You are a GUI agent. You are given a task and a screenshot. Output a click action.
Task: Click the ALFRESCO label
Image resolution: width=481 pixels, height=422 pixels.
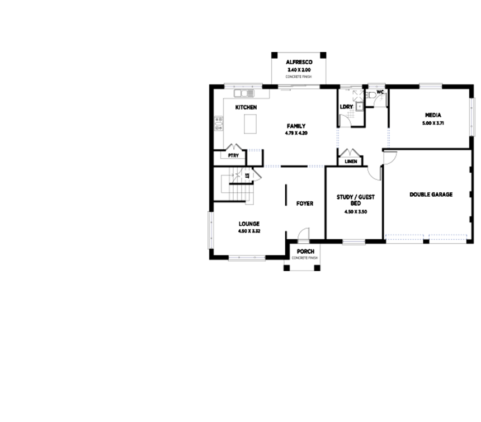299,62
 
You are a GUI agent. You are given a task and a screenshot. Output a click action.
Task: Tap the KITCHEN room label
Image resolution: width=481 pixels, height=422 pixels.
246,107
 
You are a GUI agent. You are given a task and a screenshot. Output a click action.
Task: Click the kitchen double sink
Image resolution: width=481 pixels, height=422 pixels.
244,92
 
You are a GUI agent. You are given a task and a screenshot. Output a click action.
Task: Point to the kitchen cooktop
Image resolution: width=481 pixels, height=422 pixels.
218,124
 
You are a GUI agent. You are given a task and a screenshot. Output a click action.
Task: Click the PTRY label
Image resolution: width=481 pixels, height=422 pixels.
233,156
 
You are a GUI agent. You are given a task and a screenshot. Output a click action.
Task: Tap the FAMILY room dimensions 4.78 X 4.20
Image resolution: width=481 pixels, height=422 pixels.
296,134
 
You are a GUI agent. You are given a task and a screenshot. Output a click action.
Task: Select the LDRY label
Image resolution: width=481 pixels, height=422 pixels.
346,107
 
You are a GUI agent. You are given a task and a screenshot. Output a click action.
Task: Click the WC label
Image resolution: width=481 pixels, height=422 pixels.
380,92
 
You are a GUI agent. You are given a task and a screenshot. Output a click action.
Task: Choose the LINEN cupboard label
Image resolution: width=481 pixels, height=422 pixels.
351,162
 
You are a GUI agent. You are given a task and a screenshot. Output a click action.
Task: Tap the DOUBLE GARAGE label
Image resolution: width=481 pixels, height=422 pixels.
431,195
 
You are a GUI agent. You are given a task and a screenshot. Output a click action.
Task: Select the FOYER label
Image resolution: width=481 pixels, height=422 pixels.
305,203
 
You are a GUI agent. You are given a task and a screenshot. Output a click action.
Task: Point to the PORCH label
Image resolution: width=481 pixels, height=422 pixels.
305,252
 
